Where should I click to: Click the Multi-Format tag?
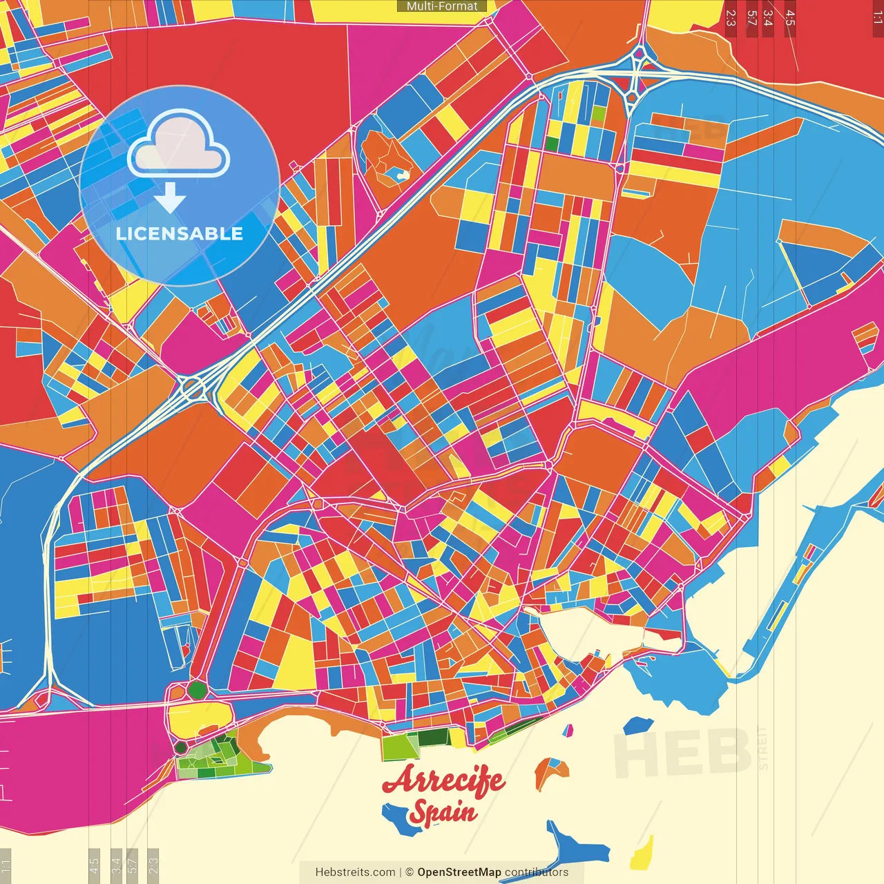click(442, 6)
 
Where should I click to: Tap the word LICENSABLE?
click(180, 233)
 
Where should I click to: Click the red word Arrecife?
click(443, 780)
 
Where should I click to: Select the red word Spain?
click(443, 812)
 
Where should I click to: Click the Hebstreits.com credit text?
click(355, 872)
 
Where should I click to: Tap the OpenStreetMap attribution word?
click(459, 872)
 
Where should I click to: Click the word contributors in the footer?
click(537, 872)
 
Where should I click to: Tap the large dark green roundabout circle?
click(198, 689)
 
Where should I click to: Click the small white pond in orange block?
click(400, 175)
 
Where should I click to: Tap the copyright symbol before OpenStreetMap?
click(409, 872)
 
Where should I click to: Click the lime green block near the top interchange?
click(598, 113)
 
